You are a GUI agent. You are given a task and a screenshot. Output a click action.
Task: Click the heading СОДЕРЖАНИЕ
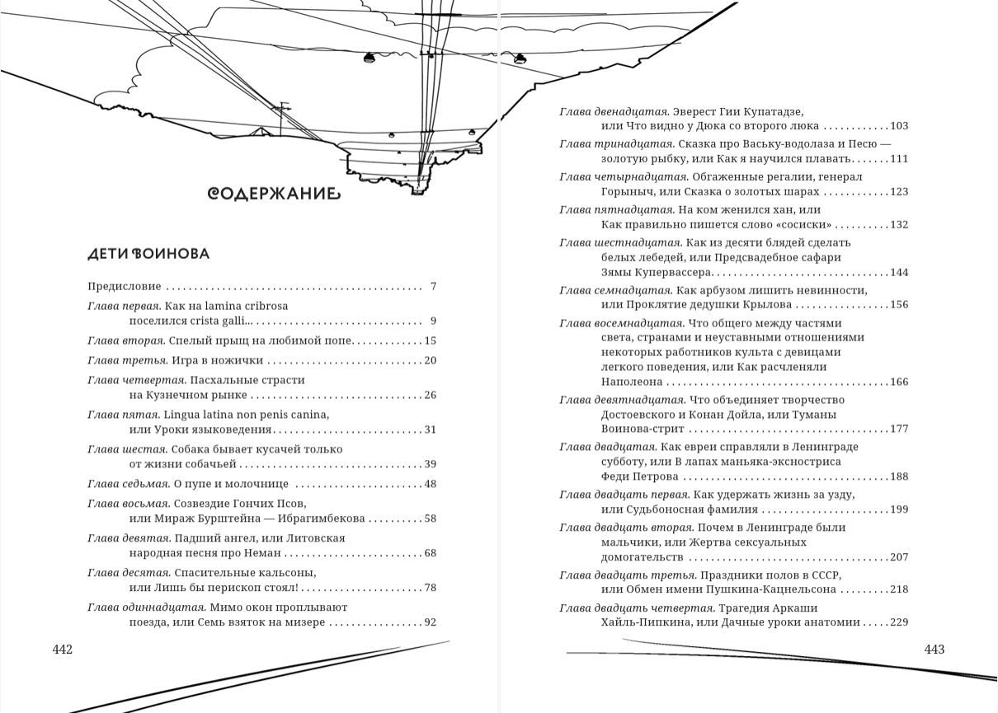(273, 194)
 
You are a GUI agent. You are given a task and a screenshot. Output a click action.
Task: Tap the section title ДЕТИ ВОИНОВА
(148, 254)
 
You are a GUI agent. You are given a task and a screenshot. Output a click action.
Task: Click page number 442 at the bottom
(63, 650)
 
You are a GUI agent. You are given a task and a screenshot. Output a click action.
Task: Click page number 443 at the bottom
(934, 650)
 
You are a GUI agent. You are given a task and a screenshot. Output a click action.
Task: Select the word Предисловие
(124, 287)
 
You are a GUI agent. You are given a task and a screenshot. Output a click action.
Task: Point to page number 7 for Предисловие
(432, 287)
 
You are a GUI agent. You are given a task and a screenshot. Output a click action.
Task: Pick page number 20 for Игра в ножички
(430, 360)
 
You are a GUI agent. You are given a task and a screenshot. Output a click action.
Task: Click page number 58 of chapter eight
(430, 518)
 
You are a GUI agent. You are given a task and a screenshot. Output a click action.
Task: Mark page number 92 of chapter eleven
(430, 622)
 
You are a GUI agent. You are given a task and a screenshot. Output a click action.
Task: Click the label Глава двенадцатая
(614, 111)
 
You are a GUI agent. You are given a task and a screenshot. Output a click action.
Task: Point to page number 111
(899, 159)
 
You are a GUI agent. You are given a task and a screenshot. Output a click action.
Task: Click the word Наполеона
(632, 382)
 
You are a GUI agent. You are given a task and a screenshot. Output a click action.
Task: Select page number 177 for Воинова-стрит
(899, 429)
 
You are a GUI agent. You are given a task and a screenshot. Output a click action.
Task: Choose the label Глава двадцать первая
(624, 495)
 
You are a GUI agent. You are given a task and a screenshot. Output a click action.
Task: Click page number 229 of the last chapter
(899, 622)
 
